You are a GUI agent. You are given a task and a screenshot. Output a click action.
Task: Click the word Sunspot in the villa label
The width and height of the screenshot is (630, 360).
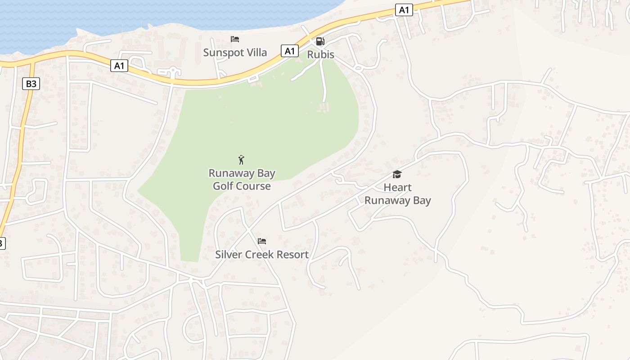[221, 53]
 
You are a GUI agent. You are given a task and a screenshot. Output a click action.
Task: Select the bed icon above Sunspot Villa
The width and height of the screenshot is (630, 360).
[234, 40]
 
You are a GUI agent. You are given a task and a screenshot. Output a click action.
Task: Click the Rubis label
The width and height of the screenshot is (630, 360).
[320, 54]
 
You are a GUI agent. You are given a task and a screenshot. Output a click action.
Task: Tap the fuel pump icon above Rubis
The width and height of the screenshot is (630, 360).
[320, 41]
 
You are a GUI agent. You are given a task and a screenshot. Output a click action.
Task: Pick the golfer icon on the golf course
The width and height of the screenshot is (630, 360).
[242, 160]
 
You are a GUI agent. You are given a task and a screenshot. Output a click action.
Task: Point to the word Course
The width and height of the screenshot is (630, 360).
[256, 186]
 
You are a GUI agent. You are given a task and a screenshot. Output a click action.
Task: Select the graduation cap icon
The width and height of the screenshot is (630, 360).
[397, 175]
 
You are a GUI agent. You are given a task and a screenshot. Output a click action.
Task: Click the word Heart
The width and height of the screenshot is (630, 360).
[397, 187]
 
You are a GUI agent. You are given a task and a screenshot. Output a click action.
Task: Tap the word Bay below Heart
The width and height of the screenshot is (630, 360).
[422, 200]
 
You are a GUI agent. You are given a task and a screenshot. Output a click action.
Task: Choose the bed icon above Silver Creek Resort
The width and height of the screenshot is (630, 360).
[262, 242]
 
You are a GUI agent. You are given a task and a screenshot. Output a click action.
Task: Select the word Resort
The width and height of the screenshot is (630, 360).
[293, 254]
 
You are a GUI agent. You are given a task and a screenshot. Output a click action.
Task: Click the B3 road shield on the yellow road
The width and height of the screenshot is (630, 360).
[31, 83]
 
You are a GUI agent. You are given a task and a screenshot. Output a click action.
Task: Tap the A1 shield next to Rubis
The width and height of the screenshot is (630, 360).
[290, 51]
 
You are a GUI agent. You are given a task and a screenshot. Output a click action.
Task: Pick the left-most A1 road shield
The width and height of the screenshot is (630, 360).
[119, 66]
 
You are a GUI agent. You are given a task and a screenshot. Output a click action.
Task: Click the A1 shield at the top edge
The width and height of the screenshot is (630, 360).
[404, 10]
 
